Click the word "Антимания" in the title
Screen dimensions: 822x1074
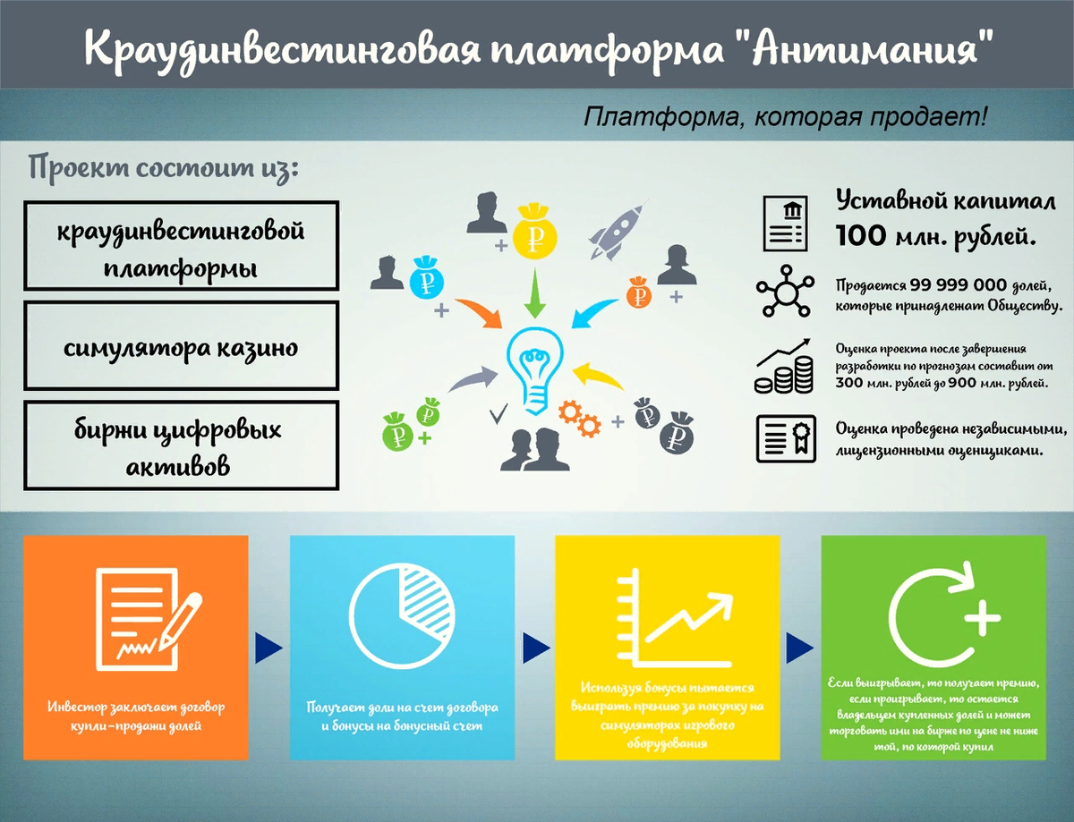[872, 48]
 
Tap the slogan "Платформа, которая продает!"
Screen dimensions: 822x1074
[785, 117]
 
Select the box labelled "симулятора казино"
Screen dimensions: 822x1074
[181, 346]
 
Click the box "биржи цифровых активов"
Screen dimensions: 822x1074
[181, 446]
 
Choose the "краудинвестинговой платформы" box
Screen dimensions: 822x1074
[181, 247]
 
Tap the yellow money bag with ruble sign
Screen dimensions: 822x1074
[535, 232]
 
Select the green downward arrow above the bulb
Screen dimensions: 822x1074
[535, 294]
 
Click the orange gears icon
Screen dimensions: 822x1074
[577, 417]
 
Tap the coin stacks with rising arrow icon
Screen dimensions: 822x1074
[783, 367]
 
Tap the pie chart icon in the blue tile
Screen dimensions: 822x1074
[402, 613]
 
